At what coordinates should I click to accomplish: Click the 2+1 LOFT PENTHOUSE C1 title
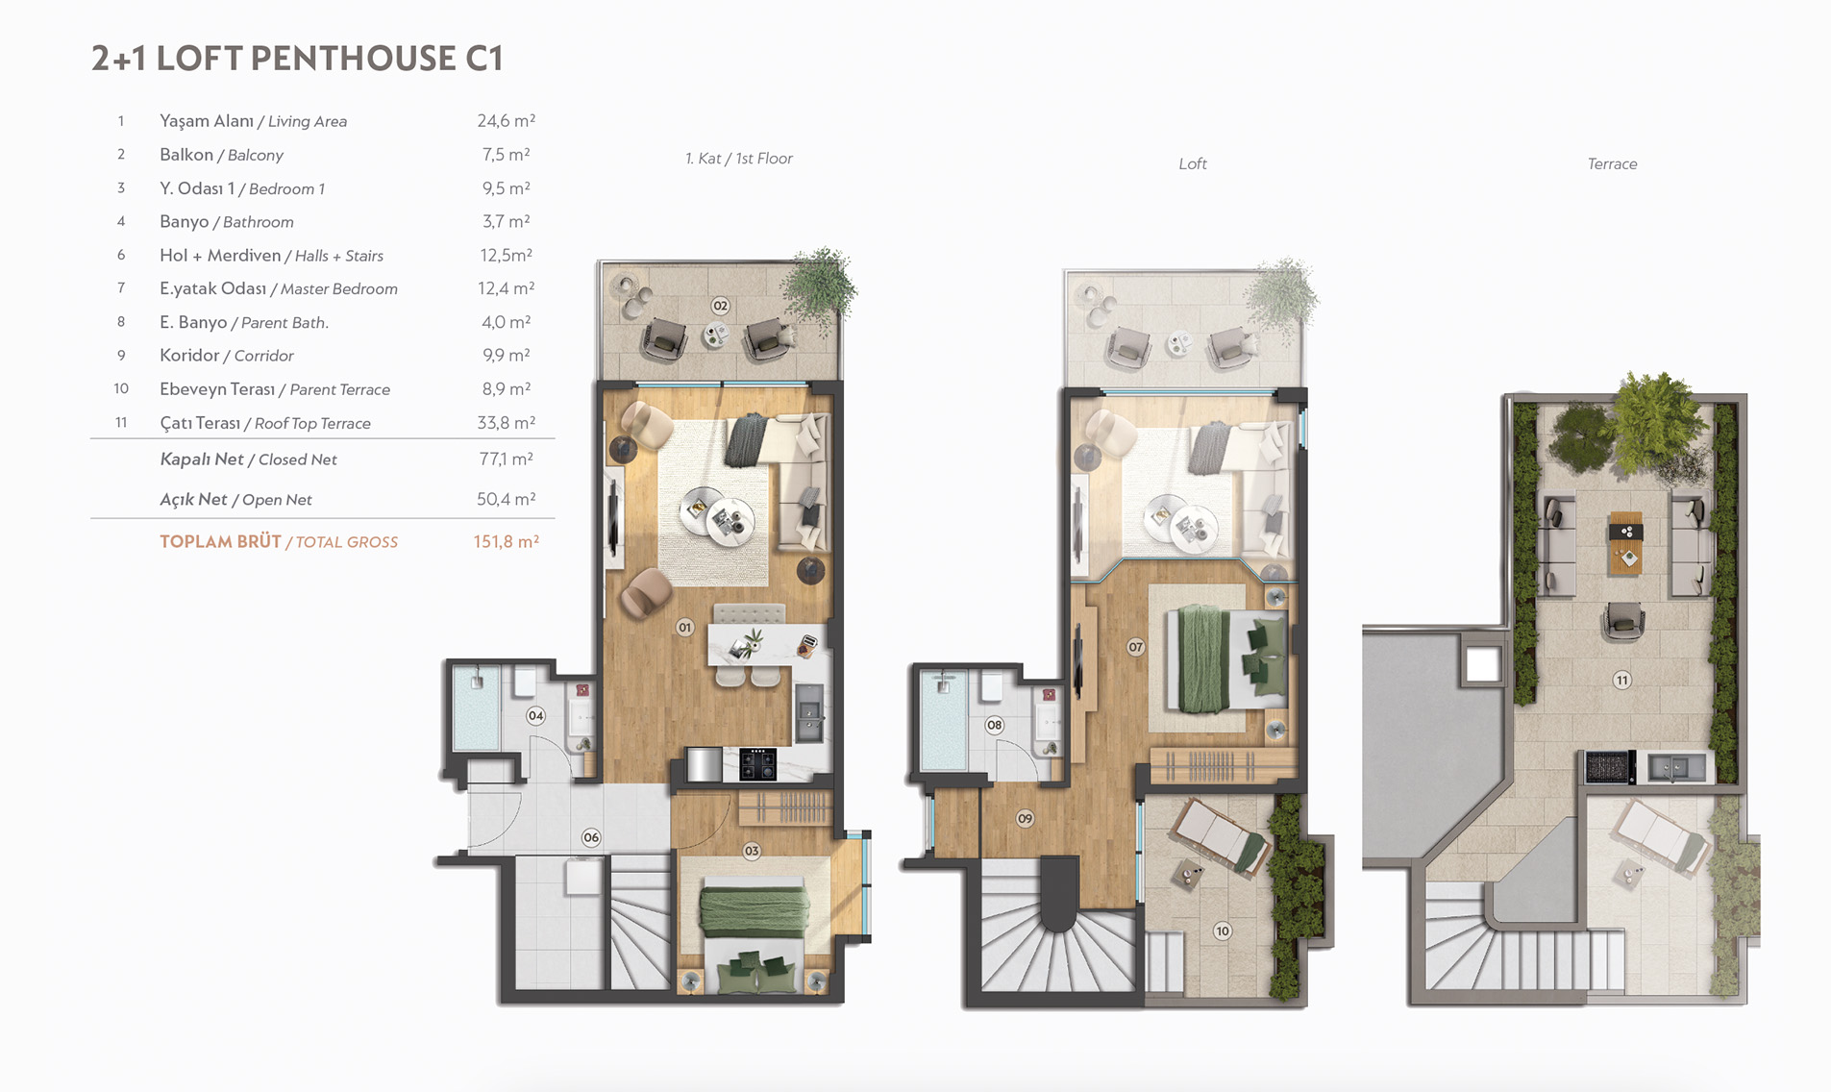(x=297, y=59)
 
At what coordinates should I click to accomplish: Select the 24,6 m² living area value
(x=506, y=121)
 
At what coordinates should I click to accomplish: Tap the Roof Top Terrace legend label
(x=312, y=423)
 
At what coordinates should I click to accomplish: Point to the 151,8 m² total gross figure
(x=506, y=541)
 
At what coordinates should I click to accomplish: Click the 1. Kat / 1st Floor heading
(x=739, y=159)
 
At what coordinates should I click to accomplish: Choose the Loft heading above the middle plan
(x=1193, y=164)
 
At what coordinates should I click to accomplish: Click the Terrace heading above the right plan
(x=1612, y=164)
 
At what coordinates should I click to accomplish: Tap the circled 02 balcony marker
(x=721, y=306)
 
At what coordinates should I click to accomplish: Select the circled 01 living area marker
(x=684, y=628)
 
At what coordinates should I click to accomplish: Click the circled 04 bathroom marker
(x=535, y=715)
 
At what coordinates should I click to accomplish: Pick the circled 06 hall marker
(x=591, y=837)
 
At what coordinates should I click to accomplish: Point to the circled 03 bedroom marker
(x=752, y=851)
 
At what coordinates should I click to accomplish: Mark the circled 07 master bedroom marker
(x=1136, y=647)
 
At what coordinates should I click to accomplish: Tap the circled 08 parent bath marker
(x=995, y=725)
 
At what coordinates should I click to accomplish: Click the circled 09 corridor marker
(x=1026, y=818)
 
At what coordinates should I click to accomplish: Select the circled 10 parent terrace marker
(x=1223, y=931)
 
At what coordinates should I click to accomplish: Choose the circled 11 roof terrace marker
(x=1622, y=681)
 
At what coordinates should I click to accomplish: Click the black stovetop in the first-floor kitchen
(x=756, y=764)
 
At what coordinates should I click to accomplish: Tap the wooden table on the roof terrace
(x=1625, y=543)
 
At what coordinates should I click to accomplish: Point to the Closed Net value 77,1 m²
(x=506, y=459)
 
